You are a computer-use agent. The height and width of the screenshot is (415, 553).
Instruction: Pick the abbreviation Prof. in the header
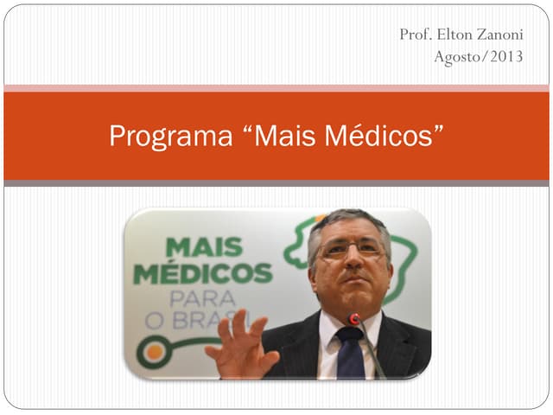[x=416, y=35]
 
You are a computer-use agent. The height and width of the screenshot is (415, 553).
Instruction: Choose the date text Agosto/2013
[x=478, y=59]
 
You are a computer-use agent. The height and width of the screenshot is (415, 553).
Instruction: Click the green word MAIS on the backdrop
[x=204, y=246]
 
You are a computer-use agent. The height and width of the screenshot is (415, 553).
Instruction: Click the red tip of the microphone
[x=353, y=319]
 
